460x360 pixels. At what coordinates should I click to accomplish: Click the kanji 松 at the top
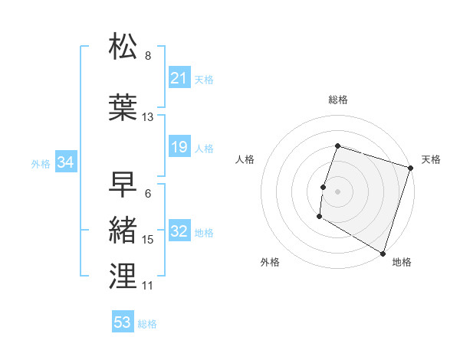123,47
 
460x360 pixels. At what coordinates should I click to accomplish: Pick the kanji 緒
123,231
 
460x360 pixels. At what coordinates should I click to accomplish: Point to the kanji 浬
123,277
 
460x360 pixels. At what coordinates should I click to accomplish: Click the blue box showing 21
179,78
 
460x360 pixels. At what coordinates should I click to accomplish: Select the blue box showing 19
179,147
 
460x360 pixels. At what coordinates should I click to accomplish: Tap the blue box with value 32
179,232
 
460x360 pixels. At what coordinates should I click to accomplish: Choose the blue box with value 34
65,162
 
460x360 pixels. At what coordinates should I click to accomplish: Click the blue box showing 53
123,322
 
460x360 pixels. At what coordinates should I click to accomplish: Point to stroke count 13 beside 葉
148,117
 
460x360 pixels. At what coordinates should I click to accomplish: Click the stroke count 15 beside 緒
148,240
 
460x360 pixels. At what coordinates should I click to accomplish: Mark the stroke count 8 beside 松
148,56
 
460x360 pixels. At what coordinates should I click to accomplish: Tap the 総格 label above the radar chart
337,100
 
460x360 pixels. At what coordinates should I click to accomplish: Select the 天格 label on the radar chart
431,159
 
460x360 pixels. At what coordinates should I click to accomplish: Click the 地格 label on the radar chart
402,262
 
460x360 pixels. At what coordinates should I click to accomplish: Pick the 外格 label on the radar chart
270,262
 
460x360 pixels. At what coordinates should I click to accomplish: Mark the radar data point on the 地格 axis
383,253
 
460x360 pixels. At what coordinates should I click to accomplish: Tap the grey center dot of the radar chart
337,191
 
